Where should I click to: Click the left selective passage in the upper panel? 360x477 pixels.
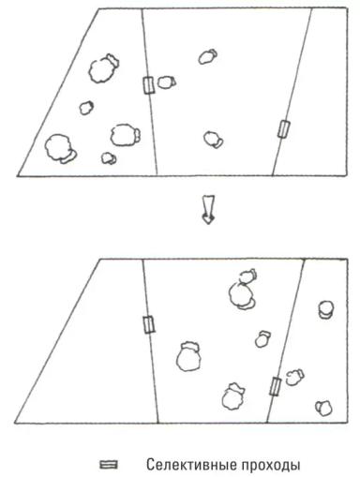tap(149, 85)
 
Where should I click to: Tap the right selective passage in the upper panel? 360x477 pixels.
tap(284, 129)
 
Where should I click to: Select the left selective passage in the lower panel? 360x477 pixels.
tap(149, 325)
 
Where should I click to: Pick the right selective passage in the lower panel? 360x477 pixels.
tap(276, 386)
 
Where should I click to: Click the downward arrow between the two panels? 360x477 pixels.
tap(208, 209)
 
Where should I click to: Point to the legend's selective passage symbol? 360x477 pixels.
tap(109, 465)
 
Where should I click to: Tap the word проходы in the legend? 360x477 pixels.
tap(271, 466)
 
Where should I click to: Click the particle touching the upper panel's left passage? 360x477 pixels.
tap(166, 82)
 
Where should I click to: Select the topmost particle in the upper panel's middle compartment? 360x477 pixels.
tap(208, 56)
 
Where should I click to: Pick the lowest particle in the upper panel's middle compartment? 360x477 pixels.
tap(213, 140)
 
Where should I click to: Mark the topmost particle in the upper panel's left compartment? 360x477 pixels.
tap(104, 68)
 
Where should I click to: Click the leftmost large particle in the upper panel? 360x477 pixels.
tap(61, 149)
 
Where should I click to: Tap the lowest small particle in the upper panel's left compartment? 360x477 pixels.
tap(109, 158)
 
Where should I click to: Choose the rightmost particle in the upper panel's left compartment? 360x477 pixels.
tap(126, 135)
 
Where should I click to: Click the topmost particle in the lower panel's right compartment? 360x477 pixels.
tap(326, 309)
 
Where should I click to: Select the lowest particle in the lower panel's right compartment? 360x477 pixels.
tap(323, 408)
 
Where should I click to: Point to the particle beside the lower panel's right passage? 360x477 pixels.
tap(294, 377)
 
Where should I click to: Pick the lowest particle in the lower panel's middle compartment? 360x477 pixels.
tap(233, 396)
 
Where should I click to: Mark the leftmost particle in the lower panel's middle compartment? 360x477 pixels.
tap(188, 356)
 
